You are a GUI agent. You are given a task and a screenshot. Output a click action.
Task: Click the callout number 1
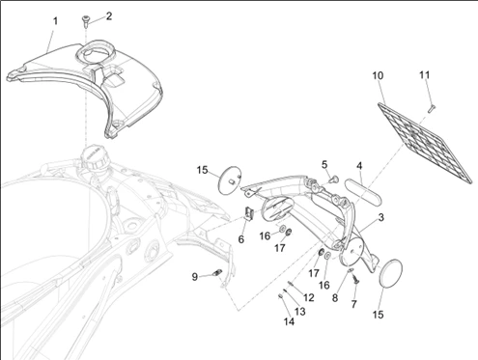(55, 21)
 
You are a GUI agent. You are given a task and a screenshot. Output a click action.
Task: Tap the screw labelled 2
(86, 20)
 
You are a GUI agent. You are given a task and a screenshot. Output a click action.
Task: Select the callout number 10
(378, 75)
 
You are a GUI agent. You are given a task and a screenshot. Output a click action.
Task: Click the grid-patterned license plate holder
(425, 144)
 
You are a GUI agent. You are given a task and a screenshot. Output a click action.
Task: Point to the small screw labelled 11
(432, 108)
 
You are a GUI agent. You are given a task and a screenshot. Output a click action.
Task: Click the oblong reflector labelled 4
(363, 191)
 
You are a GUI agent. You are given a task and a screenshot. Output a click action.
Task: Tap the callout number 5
(324, 164)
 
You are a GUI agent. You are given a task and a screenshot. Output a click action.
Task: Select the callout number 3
(381, 217)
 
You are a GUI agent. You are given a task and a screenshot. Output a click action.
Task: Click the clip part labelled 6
(248, 213)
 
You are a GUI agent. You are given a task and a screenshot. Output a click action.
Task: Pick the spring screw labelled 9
(217, 273)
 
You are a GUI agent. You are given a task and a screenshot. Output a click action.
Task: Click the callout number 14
(289, 321)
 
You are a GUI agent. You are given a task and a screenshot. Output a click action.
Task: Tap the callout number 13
(300, 311)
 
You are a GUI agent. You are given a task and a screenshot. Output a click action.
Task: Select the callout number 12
(308, 297)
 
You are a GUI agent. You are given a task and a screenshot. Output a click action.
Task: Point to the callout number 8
(335, 298)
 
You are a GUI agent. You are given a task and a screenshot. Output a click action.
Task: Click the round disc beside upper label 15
(229, 180)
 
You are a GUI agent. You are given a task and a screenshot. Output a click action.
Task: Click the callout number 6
(241, 239)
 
